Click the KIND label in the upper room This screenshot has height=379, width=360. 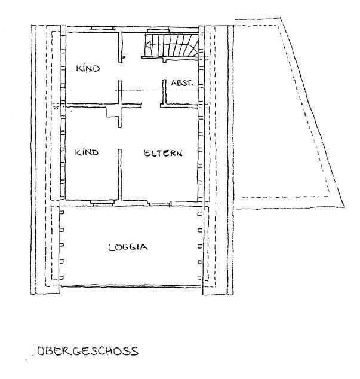coord(87,69)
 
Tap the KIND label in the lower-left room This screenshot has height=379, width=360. coord(87,153)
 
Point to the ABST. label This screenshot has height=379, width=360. coord(182,83)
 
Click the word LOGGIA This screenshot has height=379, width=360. coord(128,247)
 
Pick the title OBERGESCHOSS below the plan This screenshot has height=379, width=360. coord(87,351)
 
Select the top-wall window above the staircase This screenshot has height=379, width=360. coord(158,28)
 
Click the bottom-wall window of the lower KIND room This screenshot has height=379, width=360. coord(103,202)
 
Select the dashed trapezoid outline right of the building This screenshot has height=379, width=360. coord(290,114)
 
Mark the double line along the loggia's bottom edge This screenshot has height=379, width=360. coord(131,286)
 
